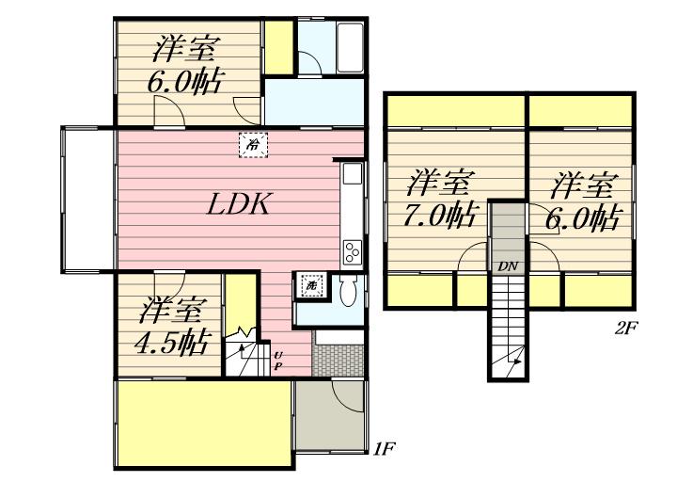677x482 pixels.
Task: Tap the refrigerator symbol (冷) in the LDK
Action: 253,146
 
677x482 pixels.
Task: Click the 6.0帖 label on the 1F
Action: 184,83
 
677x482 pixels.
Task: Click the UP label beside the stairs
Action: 278,360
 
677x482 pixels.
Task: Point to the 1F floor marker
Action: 383,449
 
